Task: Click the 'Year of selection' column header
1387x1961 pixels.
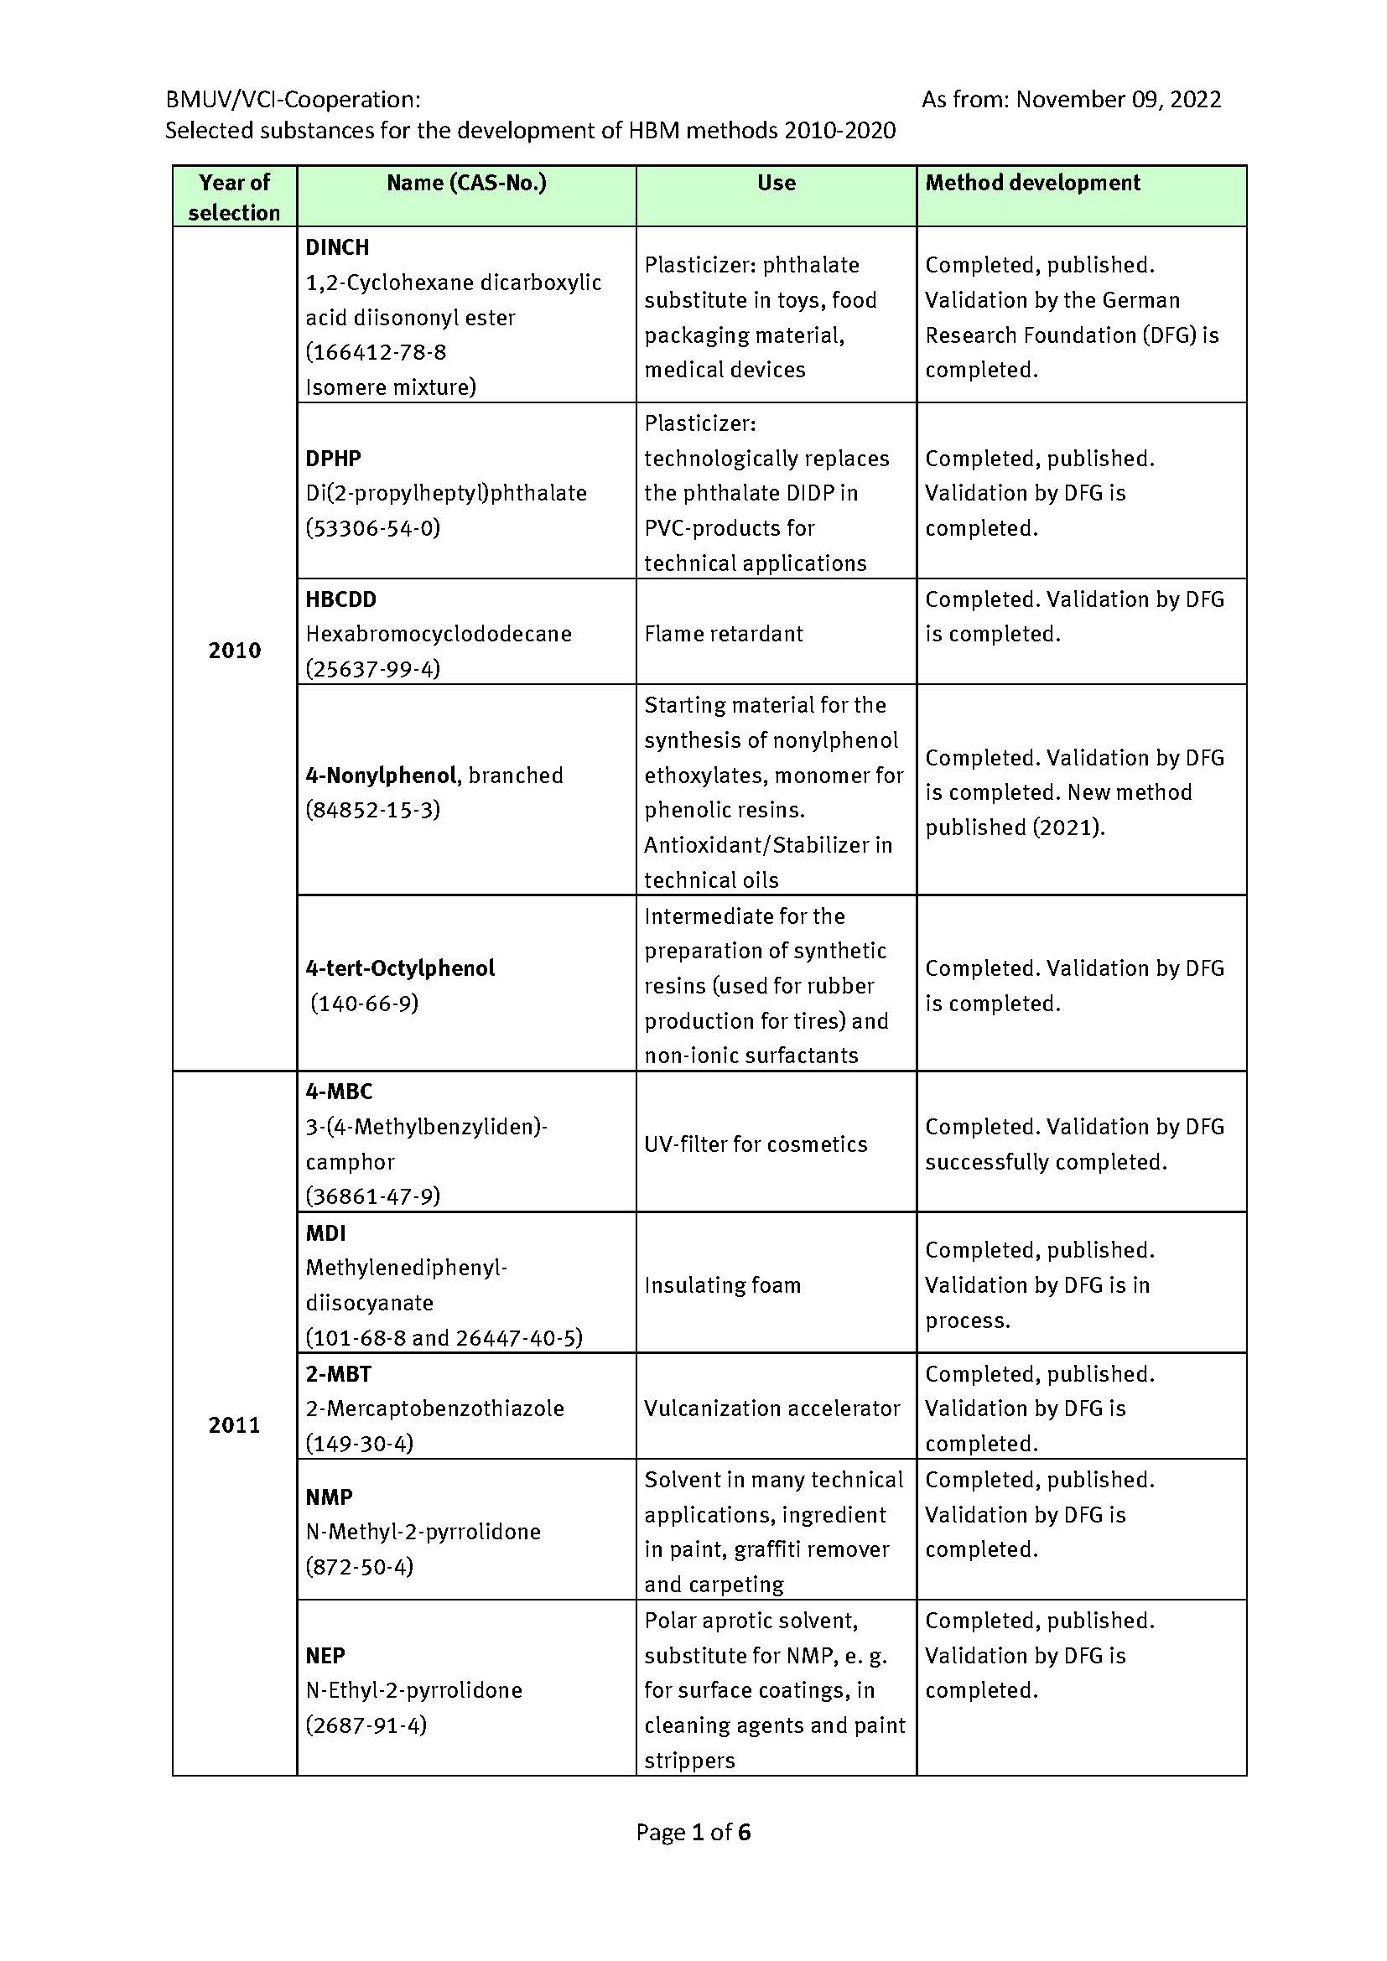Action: click(x=234, y=196)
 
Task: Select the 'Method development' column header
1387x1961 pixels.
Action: click(x=1031, y=183)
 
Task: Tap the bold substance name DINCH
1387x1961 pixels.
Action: click(x=337, y=247)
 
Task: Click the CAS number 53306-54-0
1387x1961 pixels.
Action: click(x=373, y=528)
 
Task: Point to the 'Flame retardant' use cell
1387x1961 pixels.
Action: click(x=724, y=634)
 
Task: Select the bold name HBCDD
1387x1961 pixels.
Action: click(x=340, y=599)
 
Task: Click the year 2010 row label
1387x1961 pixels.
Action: click(x=234, y=650)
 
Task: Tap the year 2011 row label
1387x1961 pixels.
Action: click(x=234, y=1424)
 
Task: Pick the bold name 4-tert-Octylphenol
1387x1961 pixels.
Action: click(x=400, y=968)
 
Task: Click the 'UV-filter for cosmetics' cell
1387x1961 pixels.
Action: click(x=755, y=1144)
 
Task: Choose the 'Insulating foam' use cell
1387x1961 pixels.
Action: click(x=723, y=1285)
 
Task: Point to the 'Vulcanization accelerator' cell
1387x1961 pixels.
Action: click(x=771, y=1408)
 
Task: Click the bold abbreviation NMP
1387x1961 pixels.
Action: click(x=329, y=1497)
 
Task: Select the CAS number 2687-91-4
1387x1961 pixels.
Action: click(x=366, y=1725)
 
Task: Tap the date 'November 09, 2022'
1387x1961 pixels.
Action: click(x=1118, y=100)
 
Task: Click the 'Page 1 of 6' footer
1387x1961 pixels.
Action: click(x=693, y=1832)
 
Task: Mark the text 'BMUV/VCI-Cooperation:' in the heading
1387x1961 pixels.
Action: click(x=293, y=100)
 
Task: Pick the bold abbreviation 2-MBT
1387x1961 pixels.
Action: click(x=338, y=1374)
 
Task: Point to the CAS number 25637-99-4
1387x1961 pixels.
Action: click(x=373, y=669)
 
